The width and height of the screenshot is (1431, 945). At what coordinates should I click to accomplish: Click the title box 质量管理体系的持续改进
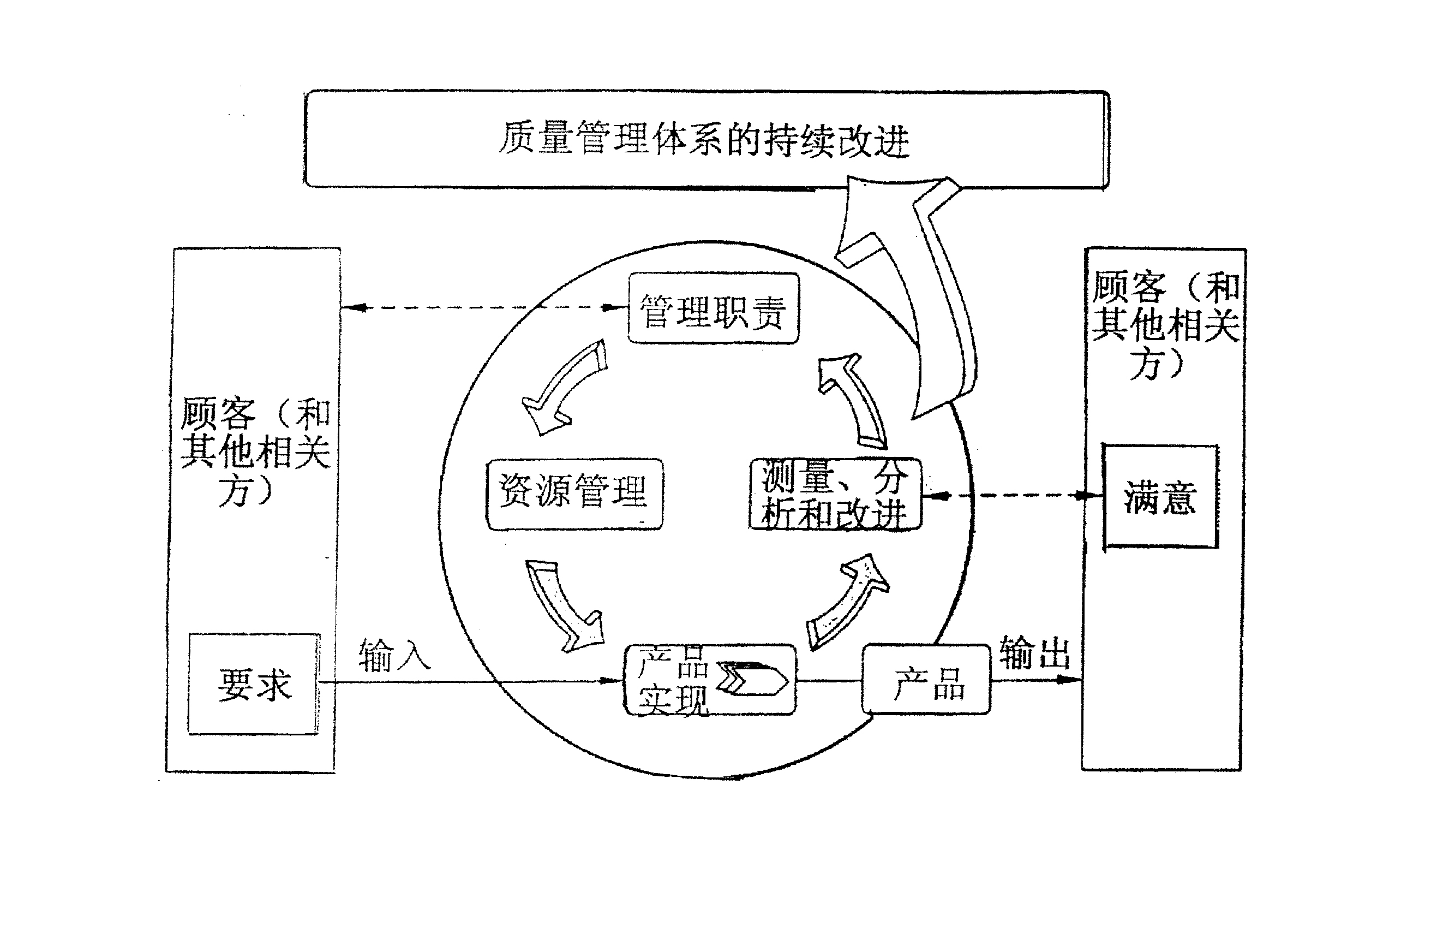click(706, 139)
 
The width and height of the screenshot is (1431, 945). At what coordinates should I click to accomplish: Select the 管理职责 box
click(713, 308)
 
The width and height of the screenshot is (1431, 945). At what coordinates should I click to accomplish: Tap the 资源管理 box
click(574, 494)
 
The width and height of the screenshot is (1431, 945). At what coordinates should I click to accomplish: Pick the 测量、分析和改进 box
click(835, 494)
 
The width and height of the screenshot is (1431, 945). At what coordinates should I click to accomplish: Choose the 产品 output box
click(926, 680)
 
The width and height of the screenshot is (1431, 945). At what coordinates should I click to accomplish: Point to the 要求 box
click(254, 684)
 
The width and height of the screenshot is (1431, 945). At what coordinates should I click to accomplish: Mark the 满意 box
click(1160, 497)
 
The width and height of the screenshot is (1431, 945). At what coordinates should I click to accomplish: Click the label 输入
click(394, 655)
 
